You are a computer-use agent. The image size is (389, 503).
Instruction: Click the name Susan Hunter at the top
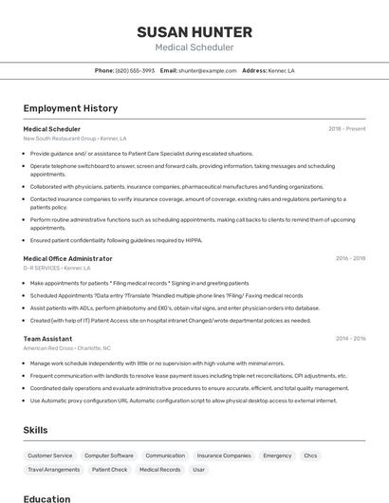(x=194, y=31)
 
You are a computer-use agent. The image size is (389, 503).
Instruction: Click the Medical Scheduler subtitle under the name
(x=194, y=47)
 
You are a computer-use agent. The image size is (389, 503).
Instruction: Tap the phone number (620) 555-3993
(x=135, y=70)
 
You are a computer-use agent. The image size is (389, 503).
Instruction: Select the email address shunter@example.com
(x=207, y=70)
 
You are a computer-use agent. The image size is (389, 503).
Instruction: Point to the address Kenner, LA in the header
(x=281, y=70)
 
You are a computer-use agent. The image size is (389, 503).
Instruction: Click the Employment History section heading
(x=70, y=108)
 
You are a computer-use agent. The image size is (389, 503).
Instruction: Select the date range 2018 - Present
(x=346, y=128)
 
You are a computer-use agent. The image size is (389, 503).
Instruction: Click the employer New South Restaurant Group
(x=60, y=138)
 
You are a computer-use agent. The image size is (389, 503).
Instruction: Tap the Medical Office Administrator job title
(x=67, y=258)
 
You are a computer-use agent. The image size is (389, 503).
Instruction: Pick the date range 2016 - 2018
(x=350, y=258)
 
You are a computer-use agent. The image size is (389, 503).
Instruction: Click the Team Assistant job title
(x=47, y=338)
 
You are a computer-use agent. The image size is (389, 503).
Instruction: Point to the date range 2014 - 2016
(x=350, y=338)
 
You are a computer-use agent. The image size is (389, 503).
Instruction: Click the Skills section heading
(x=35, y=430)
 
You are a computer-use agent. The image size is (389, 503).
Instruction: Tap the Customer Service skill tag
(x=50, y=456)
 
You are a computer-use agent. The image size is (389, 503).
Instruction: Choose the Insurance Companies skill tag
(x=224, y=456)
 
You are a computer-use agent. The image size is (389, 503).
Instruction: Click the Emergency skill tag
(x=277, y=456)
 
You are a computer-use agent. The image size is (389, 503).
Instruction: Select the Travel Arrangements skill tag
(x=54, y=470)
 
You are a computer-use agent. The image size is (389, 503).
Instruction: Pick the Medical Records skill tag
(x=159, y=470)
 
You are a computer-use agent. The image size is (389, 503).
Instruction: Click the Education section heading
(x=46, y=498)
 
